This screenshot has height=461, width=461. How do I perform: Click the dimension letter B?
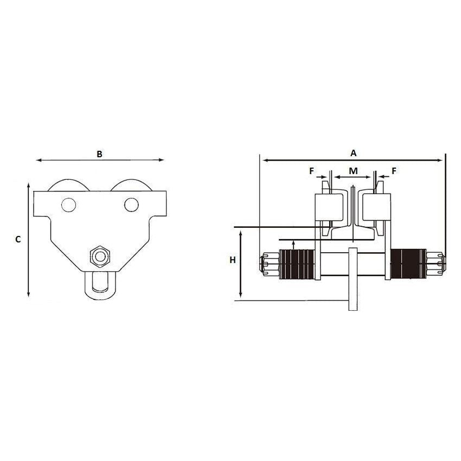(x=99, y=154)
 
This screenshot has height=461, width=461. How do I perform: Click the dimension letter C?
(x=18, y=239)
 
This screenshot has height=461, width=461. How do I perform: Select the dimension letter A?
(x=354, y=153)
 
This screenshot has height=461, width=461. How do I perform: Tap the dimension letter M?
(x=353, y=171)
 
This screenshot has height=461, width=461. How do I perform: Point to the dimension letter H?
(x=233, y=260)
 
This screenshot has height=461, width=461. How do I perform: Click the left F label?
(x=312, y=171)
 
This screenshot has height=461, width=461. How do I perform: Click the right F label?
(x=394, y=171)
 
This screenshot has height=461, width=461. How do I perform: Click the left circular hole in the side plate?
(x=68, y=205)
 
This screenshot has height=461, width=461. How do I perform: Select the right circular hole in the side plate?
(x=130, y=204)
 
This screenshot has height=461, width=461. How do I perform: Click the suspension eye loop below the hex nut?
(x=99, y=284)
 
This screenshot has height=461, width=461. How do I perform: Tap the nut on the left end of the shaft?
(x=269, y=265)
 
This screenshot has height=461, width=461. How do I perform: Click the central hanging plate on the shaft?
(x=354, y=279)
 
